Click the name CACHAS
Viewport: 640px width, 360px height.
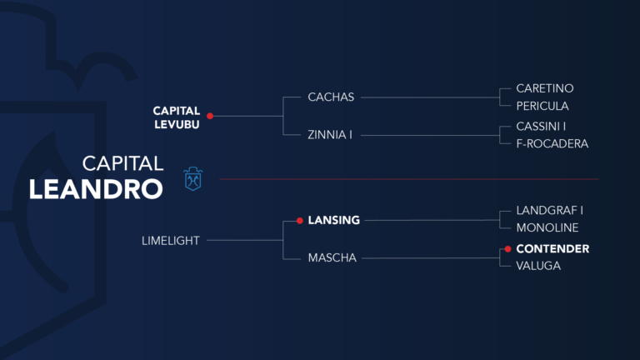click(331, 97)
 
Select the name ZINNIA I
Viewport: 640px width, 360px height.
click(330, 134)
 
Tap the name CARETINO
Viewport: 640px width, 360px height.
click(544, 87)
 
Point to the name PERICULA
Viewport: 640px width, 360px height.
click(542, 106)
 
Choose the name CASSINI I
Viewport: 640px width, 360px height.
click(541, 126)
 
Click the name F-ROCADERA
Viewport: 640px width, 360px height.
click(552, 143)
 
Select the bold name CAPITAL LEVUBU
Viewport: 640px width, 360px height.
click(177, 116)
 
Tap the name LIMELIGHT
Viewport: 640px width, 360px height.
click(171, 240)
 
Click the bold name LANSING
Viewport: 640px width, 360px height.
click(333, 221)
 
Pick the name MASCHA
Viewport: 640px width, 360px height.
click(332, 258)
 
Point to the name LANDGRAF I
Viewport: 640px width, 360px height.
click(547, 212)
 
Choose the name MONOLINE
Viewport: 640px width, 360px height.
click(547, 227)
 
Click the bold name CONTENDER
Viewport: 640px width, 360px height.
click(552, 248)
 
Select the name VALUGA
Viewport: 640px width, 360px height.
click(538, 265)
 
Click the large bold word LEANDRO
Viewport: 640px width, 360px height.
click(96, 188)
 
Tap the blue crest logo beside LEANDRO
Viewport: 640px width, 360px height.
click(193, 178)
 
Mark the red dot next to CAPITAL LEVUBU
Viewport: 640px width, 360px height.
click(210, 116)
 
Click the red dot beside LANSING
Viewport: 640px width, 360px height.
click(299, 221)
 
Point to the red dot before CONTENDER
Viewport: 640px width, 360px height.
click(507, 248)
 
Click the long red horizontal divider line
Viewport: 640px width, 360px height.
click(408, 178)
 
